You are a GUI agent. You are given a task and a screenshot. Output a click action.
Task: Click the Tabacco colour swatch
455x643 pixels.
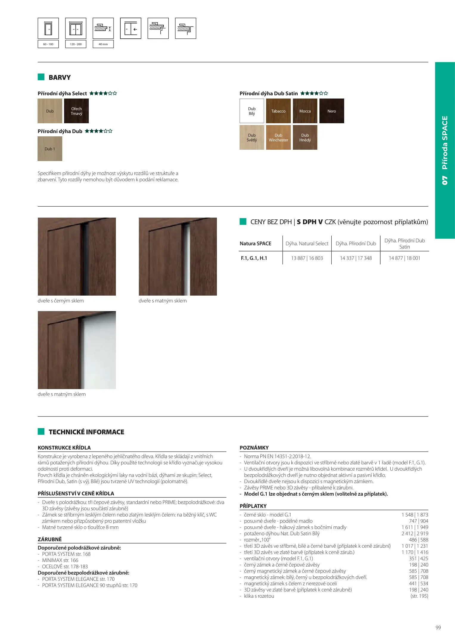coord(278,111)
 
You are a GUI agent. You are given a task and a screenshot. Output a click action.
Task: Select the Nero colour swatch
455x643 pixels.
coord(332,111)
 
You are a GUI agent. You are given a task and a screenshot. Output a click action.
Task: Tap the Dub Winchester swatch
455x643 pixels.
coord(278,138)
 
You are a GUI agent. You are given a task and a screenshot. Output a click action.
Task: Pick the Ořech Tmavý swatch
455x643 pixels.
coord(76,111)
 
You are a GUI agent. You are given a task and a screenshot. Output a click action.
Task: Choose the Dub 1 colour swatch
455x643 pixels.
coord(50,149)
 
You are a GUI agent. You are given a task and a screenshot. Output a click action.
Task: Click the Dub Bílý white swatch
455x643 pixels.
coord(252,111)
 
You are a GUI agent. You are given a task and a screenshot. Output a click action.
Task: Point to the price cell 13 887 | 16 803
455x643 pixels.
coord(307,258)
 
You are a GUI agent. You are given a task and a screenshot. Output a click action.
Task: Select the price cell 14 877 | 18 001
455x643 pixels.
coord(404,258)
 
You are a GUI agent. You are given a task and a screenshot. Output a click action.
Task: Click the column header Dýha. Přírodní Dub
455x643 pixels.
coord(356,244)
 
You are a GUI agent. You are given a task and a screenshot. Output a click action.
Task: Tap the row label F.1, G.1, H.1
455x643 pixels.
coord(254,258)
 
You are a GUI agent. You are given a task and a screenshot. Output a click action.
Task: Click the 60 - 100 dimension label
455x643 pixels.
coord(48,44)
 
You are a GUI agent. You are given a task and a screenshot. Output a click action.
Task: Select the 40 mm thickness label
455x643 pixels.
coord(103,44)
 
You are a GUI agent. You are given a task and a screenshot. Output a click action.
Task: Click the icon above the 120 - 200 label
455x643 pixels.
coord(76,29)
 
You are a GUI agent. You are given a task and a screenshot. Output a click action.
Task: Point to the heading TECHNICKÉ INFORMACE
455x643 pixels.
coord(86,432)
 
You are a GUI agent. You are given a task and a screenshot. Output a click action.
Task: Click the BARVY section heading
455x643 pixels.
coord(60,77)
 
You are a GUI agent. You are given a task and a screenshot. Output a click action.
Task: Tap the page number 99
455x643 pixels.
coord(438,628)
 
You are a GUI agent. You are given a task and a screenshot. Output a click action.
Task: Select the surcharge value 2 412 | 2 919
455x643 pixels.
coord(415,533)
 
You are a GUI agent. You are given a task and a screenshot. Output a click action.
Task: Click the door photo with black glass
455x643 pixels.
coord(77,257)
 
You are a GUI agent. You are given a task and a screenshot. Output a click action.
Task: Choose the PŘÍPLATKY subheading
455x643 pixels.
coord(253,506)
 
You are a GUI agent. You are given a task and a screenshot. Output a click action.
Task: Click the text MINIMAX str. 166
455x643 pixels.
coord(60,560)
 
